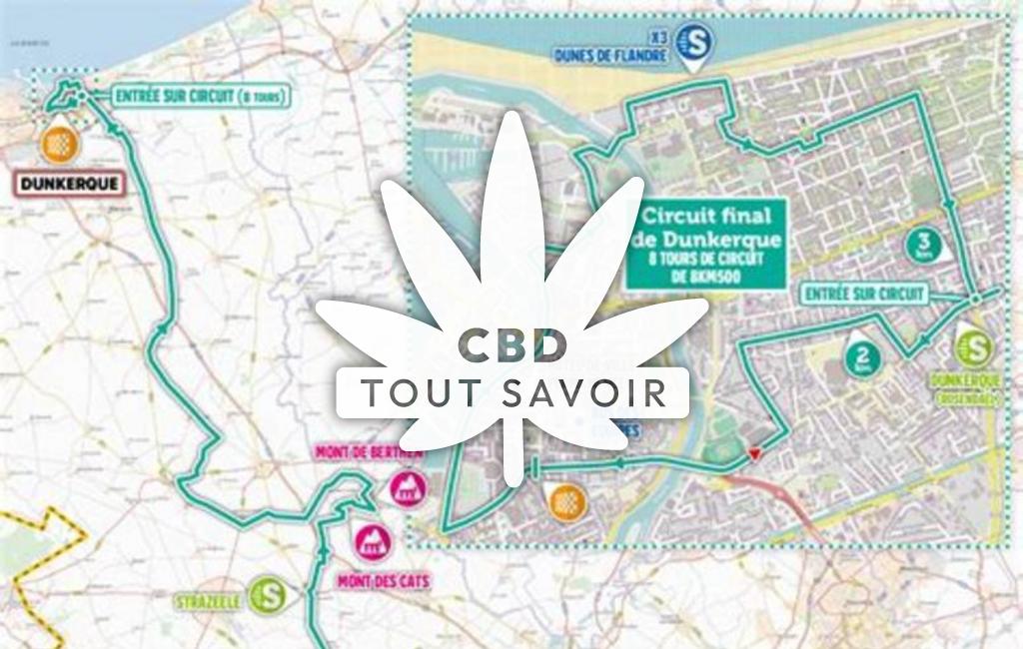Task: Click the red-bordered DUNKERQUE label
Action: (x=68, y=184)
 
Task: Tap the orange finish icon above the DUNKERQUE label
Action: (x=59, y=145)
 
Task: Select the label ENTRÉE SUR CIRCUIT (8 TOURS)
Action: (x=201, y=97)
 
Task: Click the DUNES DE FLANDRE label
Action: (x=610, y=57)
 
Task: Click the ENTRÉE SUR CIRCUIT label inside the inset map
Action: (x=865, y=294)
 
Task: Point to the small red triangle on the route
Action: (x=754, y=455)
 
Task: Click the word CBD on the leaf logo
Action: (x=511, y=345)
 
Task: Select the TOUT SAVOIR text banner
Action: (x=511, y=392)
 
